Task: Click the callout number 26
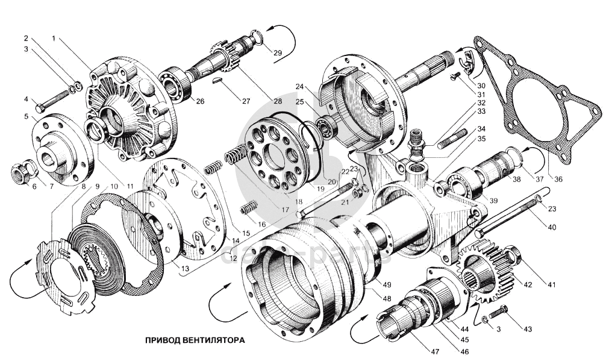200,101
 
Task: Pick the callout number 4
27,99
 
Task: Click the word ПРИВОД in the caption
161,340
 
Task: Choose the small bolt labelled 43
497,312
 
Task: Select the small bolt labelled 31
455,77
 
